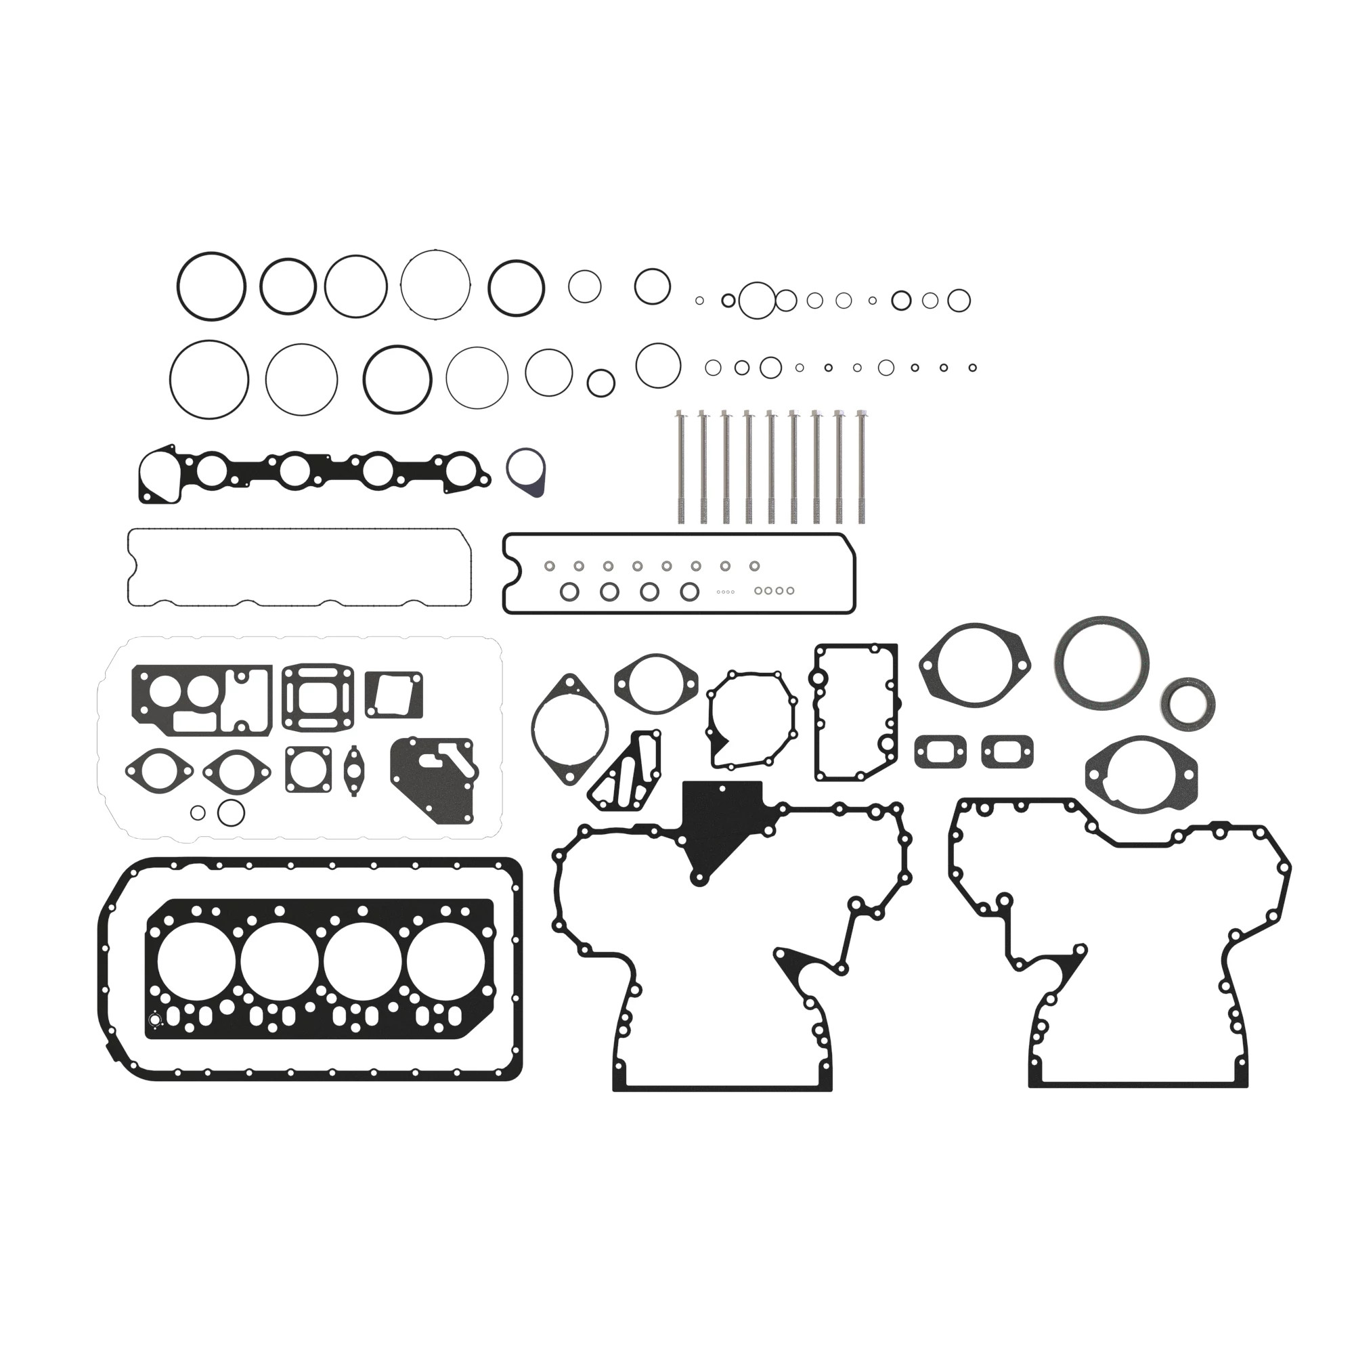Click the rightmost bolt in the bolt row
click(861, 466)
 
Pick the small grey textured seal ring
click(1187, 704)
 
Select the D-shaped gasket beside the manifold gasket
click(527, 473)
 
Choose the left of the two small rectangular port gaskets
click(940, 751)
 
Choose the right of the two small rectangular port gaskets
click(1007, 751)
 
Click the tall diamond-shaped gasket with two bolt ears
click(569, 729)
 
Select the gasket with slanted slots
click(625, 772)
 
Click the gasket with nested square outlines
click(318, 697)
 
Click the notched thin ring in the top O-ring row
click(435, 285)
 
